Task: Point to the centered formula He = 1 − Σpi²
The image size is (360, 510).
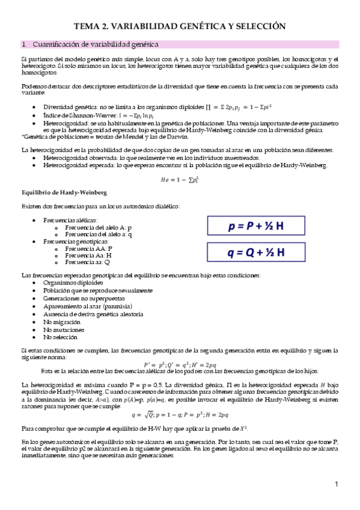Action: pyautogui.click(x=179, y=179)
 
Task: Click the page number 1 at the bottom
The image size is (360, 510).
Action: pyautogui.click(x=337, y=484)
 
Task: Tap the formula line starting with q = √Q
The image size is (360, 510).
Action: pyautogui.click(x=179, y=414)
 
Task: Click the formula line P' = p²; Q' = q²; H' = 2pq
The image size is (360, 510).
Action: pyautogui.click(x=179, y=364)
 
